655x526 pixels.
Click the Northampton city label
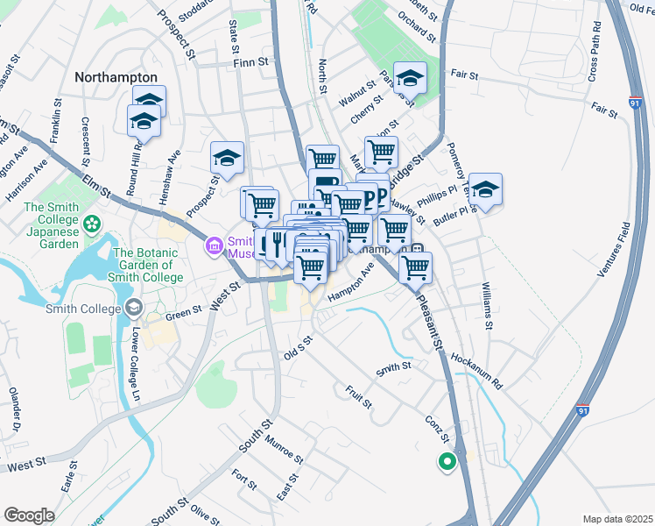click(116, 77)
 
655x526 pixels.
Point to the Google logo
click(30, 515)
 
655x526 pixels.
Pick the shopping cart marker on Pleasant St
click(415, 267)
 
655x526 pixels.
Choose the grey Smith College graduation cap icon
click(133, 308)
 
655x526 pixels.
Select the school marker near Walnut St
click(410, 79)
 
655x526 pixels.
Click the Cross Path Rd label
click(594, 56)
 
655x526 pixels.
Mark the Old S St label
click(298, 348)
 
